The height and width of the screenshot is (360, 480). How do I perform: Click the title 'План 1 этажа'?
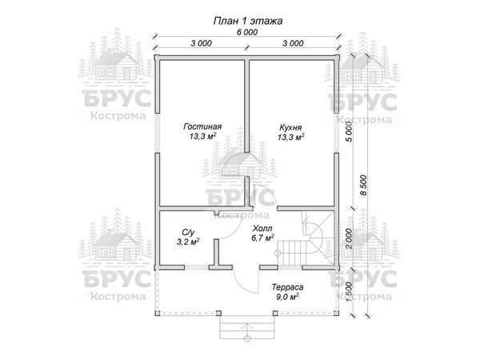point(248,21)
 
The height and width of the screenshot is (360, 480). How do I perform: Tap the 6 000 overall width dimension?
point(247,32)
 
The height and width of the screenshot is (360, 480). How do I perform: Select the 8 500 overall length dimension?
point(363,186)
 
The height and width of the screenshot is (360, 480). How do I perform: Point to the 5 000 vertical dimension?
point(349,131)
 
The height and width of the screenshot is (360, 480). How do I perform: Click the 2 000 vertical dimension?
point(349,238)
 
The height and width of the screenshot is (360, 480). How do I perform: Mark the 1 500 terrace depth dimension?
point(349,292)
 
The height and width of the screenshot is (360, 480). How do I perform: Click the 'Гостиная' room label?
point(202,126)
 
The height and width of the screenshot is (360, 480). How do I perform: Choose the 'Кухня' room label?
point(290,127)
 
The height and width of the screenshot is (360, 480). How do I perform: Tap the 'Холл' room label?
point(262,228)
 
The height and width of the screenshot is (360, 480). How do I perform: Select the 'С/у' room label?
point(188,232)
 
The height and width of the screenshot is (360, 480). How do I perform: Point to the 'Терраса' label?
point(287,287)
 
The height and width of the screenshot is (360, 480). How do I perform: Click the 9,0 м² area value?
point(287,297)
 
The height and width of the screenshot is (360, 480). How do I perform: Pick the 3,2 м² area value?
point(188,242)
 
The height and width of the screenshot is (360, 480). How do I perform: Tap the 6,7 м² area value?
point(262,238)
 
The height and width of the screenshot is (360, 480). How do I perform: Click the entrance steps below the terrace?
point(247,327)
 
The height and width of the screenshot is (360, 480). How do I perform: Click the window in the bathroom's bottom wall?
point(197,267)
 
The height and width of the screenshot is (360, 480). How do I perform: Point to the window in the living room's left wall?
point(157,133)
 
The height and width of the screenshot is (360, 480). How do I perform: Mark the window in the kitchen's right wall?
point(337,133)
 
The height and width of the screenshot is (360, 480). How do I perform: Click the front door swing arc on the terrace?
point(242,284)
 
